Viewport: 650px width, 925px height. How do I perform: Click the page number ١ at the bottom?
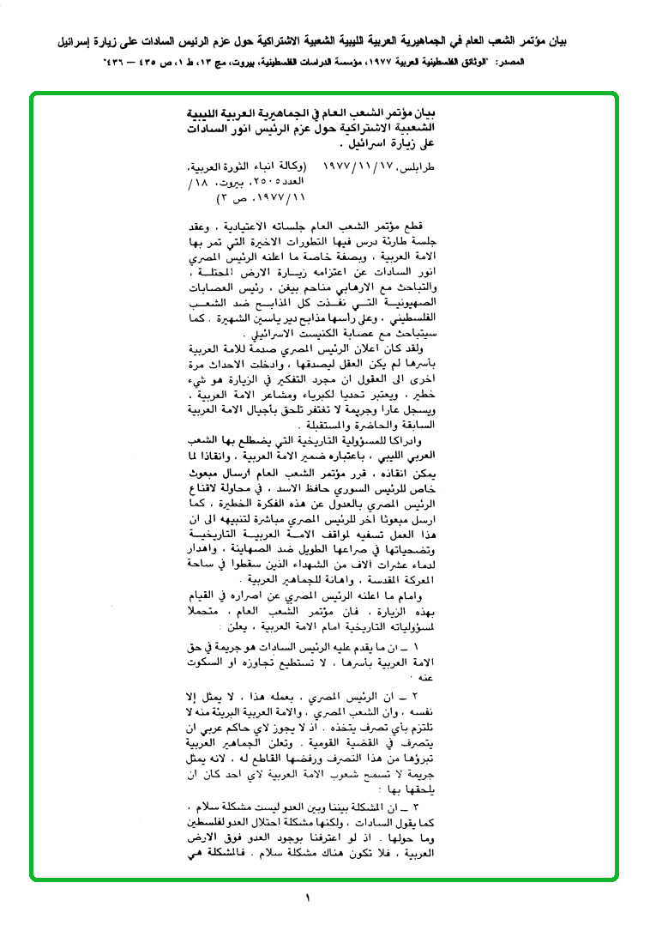pyautogui.click(x=306, y=898)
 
